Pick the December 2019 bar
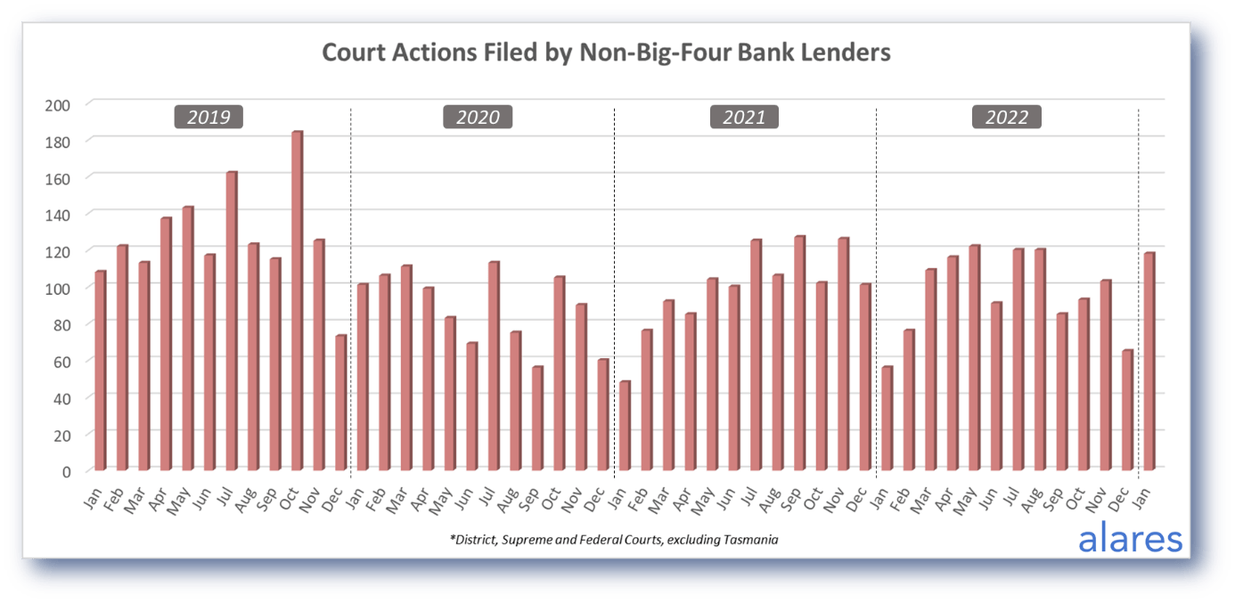[x=340, y=403]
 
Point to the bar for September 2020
[x=537, y=419]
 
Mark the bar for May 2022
[x=974, y=357]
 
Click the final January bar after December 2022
[x=1149, y=362]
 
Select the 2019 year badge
[x=209, y=117]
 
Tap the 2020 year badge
[x=478, y=117]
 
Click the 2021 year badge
[x=744, y=117]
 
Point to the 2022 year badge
[x=1006, y=117]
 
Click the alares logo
[x=1130, y=538]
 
